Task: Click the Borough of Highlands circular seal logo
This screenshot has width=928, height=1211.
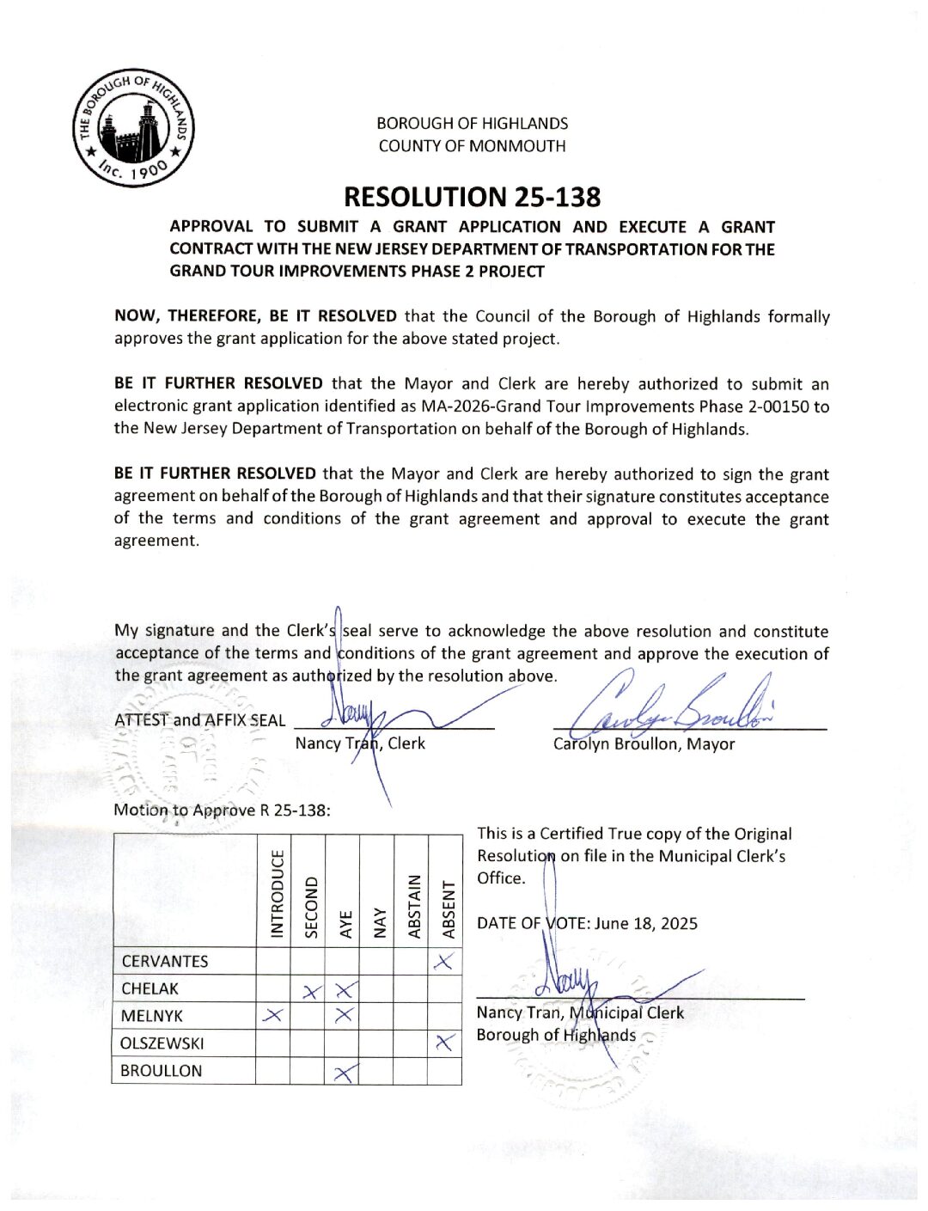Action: [x=134, y=128]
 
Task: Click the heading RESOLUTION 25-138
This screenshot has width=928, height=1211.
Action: [x=472, y=197]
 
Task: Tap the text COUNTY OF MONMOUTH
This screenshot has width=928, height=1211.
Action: [x=472, y=146]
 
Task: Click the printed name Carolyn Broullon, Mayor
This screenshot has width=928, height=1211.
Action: [x=644, y=744]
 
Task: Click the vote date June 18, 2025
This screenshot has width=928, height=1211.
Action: [x=646, y=924]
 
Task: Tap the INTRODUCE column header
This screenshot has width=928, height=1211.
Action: [x=277, y=894]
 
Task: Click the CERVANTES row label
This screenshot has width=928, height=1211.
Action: [x=165, y=962]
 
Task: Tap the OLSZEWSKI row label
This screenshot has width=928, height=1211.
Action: [x=162, y=1044]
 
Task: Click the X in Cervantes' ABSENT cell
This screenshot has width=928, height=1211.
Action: [x=444, y=962]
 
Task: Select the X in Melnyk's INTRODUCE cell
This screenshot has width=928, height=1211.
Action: [x=272, y=1016]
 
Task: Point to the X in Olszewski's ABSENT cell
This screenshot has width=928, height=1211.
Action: [x=444, y=1043]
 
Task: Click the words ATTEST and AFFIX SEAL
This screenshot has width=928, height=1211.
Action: [x=199, y=720]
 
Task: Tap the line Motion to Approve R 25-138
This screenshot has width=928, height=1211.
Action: [x=222, y=810]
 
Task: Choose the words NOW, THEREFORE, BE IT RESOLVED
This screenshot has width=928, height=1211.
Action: [x=255, y=316]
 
